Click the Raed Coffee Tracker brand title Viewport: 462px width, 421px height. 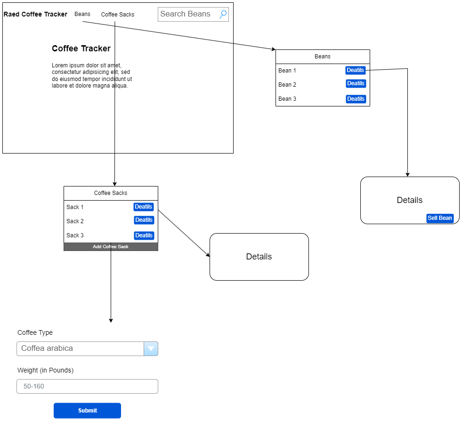pyautogui.click(x=35, y=14)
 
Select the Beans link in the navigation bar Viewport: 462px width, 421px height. pyautogui.click(x=82, y=14)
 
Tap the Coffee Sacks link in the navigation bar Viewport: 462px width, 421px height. pyautogui.click(x=118, y=15)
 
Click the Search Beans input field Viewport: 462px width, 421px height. pyautogui.click(x=187, y=14)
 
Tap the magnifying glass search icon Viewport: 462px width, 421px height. pyautogui.click(x=223, y=14)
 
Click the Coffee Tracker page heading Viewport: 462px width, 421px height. pyautogui.click(x=81, y=49)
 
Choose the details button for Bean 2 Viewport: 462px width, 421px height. pyautogui.click(x=356, y=83)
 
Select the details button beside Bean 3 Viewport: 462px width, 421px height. pyautogui.click(x=356, y=99)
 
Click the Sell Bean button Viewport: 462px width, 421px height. pyautogui.click(x=440, y=218)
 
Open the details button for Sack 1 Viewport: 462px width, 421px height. pyautogui.click(x=144, y=207)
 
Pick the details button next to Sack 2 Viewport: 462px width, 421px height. pyautogui.click(x=144, y=220)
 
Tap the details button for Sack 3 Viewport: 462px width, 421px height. pyautogui.click(x=144, y=235)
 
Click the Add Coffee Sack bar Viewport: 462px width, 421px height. pyautogui.click(x=111, y=247)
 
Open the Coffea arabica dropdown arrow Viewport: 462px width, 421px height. pyautogui.click(x=151, y=349)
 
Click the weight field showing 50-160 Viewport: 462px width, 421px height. pyautogui.click(x=87, y=387)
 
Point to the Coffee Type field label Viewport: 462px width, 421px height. pyautogui.click(x=35, y=332)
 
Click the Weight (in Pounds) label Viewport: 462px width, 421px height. pyautogui.click(x=45, y=370)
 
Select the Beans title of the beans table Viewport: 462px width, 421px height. pyautogui.click(x=323, y=57)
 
